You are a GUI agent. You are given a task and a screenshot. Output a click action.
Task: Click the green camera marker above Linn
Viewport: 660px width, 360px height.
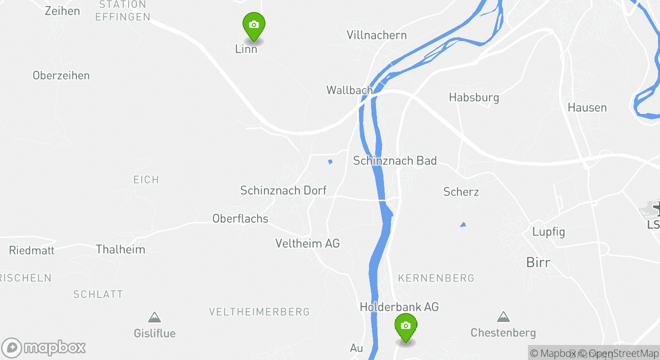coord(253,25)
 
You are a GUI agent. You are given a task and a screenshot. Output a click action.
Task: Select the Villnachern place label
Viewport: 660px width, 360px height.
coord(376,35)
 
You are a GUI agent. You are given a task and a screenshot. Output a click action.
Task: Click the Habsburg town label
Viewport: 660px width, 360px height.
coord(474,97)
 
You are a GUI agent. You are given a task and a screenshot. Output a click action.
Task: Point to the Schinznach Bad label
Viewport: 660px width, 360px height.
coord(395,160)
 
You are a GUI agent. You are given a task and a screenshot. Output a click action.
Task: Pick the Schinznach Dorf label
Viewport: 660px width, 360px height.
coord(283,190)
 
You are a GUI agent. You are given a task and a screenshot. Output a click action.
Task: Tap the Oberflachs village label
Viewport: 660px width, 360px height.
coord(240,218)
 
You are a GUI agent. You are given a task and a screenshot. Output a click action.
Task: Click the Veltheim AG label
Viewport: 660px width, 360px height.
coord(307,243)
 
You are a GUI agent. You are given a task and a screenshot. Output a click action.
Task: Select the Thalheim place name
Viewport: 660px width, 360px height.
coord(120,249)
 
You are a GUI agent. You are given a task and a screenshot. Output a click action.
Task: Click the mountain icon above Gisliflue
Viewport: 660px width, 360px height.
coord(154,317)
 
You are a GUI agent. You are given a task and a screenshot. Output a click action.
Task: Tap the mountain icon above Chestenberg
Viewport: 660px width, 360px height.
coord(503,317)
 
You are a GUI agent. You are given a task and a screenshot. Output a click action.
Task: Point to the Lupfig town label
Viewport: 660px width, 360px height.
coord(548,232)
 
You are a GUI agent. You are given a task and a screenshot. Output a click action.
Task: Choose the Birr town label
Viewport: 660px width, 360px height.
coord(538,262)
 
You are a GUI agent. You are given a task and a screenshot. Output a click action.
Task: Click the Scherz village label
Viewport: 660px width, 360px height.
coord(461,192)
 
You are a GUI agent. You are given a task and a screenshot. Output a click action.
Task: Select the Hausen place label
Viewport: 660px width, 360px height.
coord(587,107)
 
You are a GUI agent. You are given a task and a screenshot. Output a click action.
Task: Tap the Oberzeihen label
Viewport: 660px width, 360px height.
coord(61,75)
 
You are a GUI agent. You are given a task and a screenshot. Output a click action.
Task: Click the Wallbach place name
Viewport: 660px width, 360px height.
coord(349,90)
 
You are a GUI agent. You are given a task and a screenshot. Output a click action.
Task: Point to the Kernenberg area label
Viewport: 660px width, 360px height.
coord(436,278)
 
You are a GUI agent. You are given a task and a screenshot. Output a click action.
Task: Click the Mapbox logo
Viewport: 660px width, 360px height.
coord(43,348)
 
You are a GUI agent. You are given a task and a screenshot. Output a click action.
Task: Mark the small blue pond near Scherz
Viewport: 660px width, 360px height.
coord(463,224)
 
